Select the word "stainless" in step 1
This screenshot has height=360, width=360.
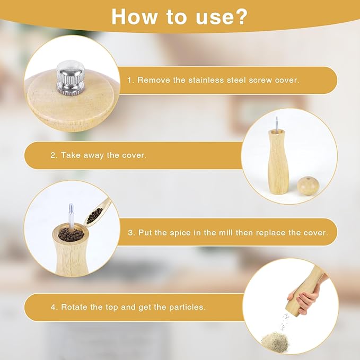(210, 80)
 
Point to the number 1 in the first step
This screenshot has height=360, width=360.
(129, 80)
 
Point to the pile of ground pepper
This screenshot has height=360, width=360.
(276, 338)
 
